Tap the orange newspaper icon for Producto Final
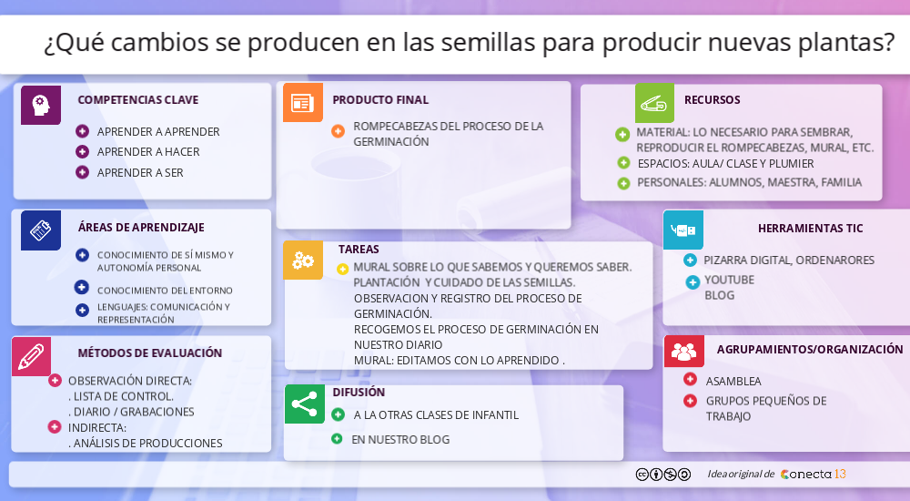point(302,103)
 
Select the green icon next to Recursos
point(654,103)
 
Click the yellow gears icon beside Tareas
point(303,261)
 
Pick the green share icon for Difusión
point(304,404)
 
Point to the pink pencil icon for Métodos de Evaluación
point(31,356)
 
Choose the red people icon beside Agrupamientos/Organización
point(683,351)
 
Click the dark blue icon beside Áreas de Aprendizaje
point(41,230)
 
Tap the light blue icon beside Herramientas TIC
point(682,230)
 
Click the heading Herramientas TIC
point(810,229)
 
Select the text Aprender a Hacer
point(148,152)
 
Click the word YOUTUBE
point(729,280)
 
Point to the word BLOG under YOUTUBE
point(719,295)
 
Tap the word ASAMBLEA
point(733,381)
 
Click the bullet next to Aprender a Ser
point(83,172)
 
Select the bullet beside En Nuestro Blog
point(337,439)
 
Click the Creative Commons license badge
point(662,474)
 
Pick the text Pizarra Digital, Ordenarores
point(788,260)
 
